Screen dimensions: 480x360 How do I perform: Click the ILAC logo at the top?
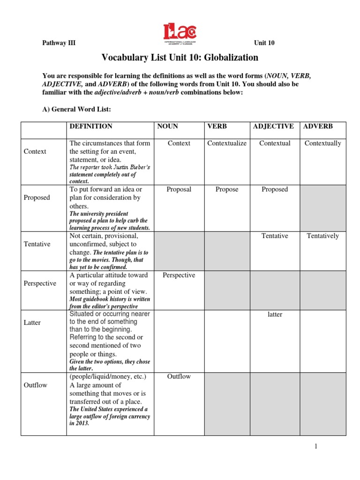(x=180, y=32)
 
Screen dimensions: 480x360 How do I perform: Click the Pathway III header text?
(x=59, y=43)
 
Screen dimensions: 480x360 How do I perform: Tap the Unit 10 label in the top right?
(x=264, y=43)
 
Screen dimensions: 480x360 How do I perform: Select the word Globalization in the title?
(x=229, y=58)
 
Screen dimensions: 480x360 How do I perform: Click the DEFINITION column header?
(x=91, y=126)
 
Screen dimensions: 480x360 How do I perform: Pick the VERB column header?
(x=217, y=126)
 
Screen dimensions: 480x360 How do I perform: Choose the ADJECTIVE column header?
(x=273, y=126)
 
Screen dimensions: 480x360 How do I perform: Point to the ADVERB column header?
(x=318, y=126)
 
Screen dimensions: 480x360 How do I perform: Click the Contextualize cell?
(x=226, y=143)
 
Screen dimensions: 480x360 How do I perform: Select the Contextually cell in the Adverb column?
(x=322, y=143)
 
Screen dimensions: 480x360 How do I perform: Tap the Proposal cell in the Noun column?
(x=179, y=189)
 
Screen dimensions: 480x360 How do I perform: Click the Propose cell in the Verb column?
(x=227, y=189)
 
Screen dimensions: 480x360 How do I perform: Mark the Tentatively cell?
(x=322, y=236)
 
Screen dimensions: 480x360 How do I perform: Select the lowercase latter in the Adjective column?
(x=275, y=315)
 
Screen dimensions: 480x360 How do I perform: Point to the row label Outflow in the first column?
(x=35, y=385)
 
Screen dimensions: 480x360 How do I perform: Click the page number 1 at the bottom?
(x=316, y=446)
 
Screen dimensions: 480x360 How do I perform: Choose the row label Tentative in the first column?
(x=37, y=244)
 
